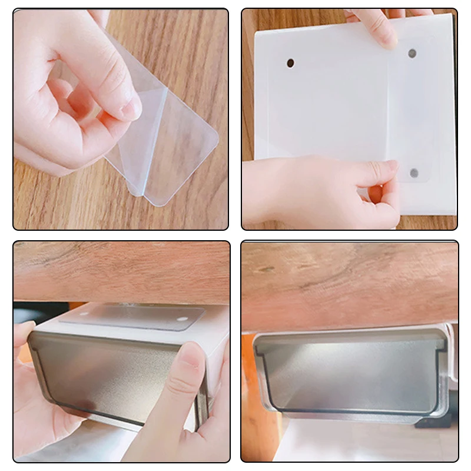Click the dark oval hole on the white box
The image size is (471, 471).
click(290, 63)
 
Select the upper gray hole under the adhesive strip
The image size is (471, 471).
click(412, 53)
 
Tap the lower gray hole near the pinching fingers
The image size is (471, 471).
click(414, 173)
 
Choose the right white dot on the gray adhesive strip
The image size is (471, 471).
click(181, 320)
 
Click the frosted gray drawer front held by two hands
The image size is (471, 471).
click(112, 377)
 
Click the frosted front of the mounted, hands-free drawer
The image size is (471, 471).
click(350, 377)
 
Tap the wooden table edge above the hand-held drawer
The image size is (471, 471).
click(118, 271)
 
